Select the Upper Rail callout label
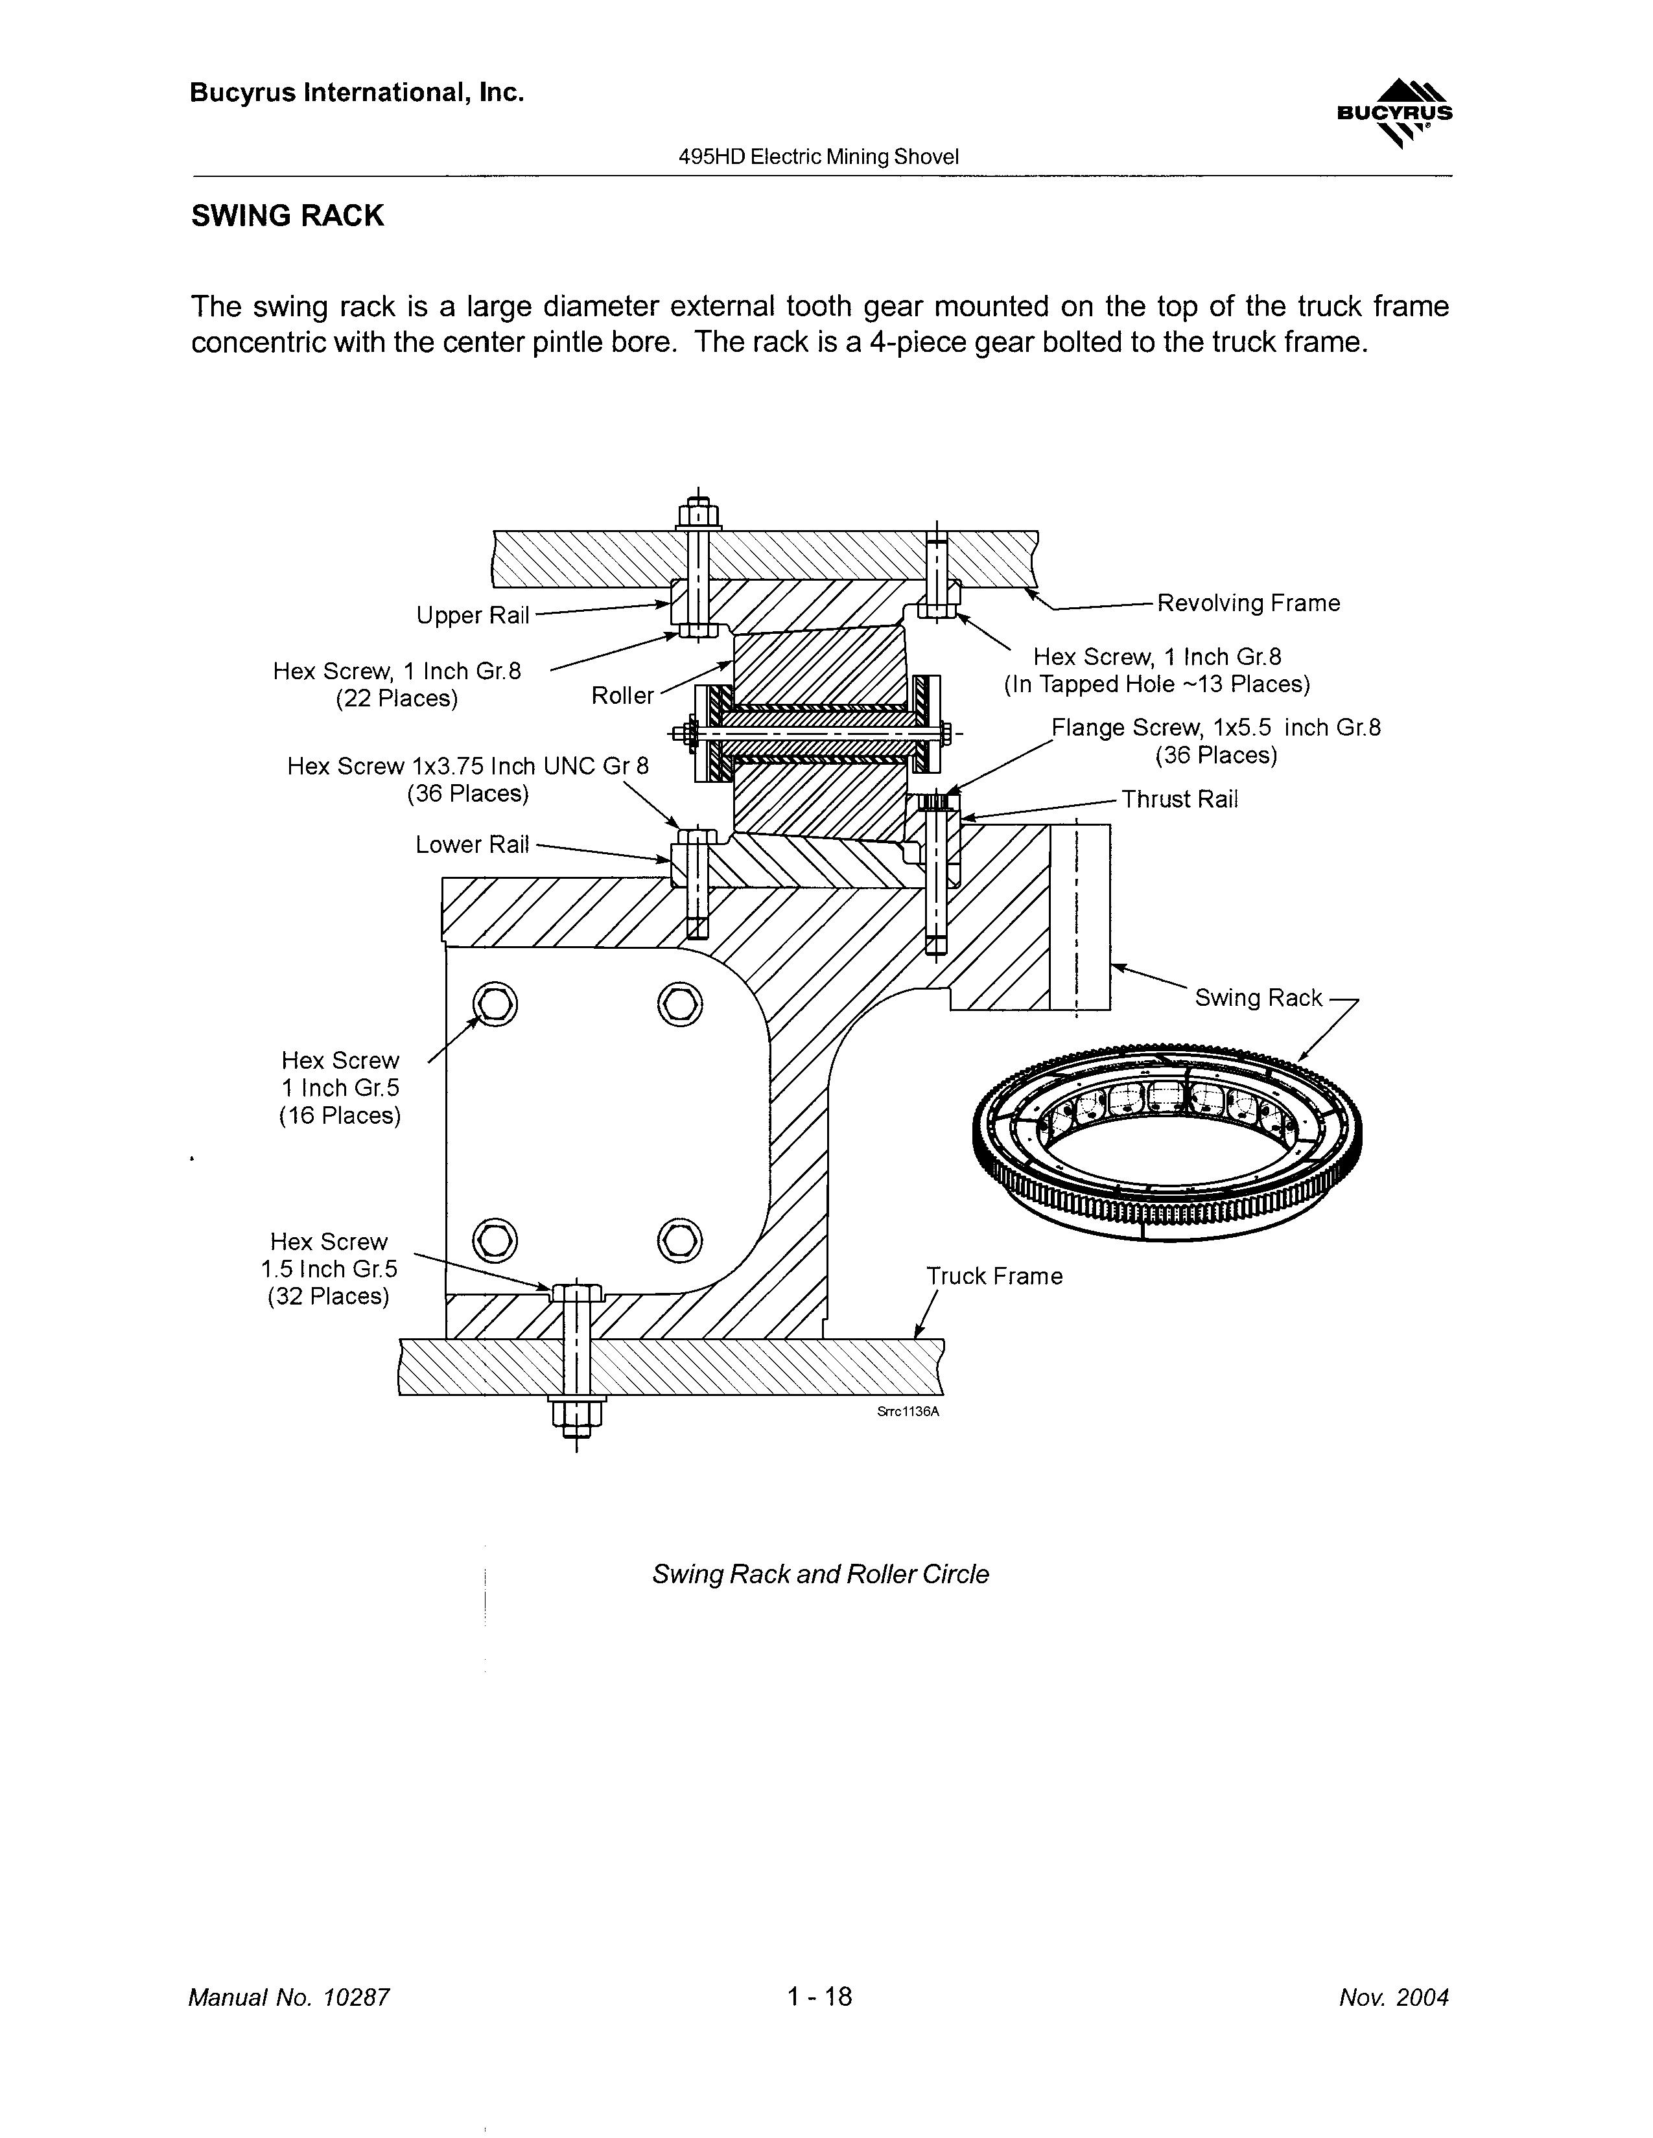(472, 616)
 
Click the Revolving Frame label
(1248, 603)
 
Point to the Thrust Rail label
(1179, 800)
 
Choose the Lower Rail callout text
(472, 845)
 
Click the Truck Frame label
(994, 1277)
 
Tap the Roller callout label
(622, 696)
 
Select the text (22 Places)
(397, 699)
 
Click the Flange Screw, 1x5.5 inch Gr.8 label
(1215, 728)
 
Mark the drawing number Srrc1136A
(908, 1412)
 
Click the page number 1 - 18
(819, 1996)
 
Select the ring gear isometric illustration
(1167, 1143)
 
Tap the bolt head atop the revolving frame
(698, 514)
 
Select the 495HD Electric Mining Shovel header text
(819, 157)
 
